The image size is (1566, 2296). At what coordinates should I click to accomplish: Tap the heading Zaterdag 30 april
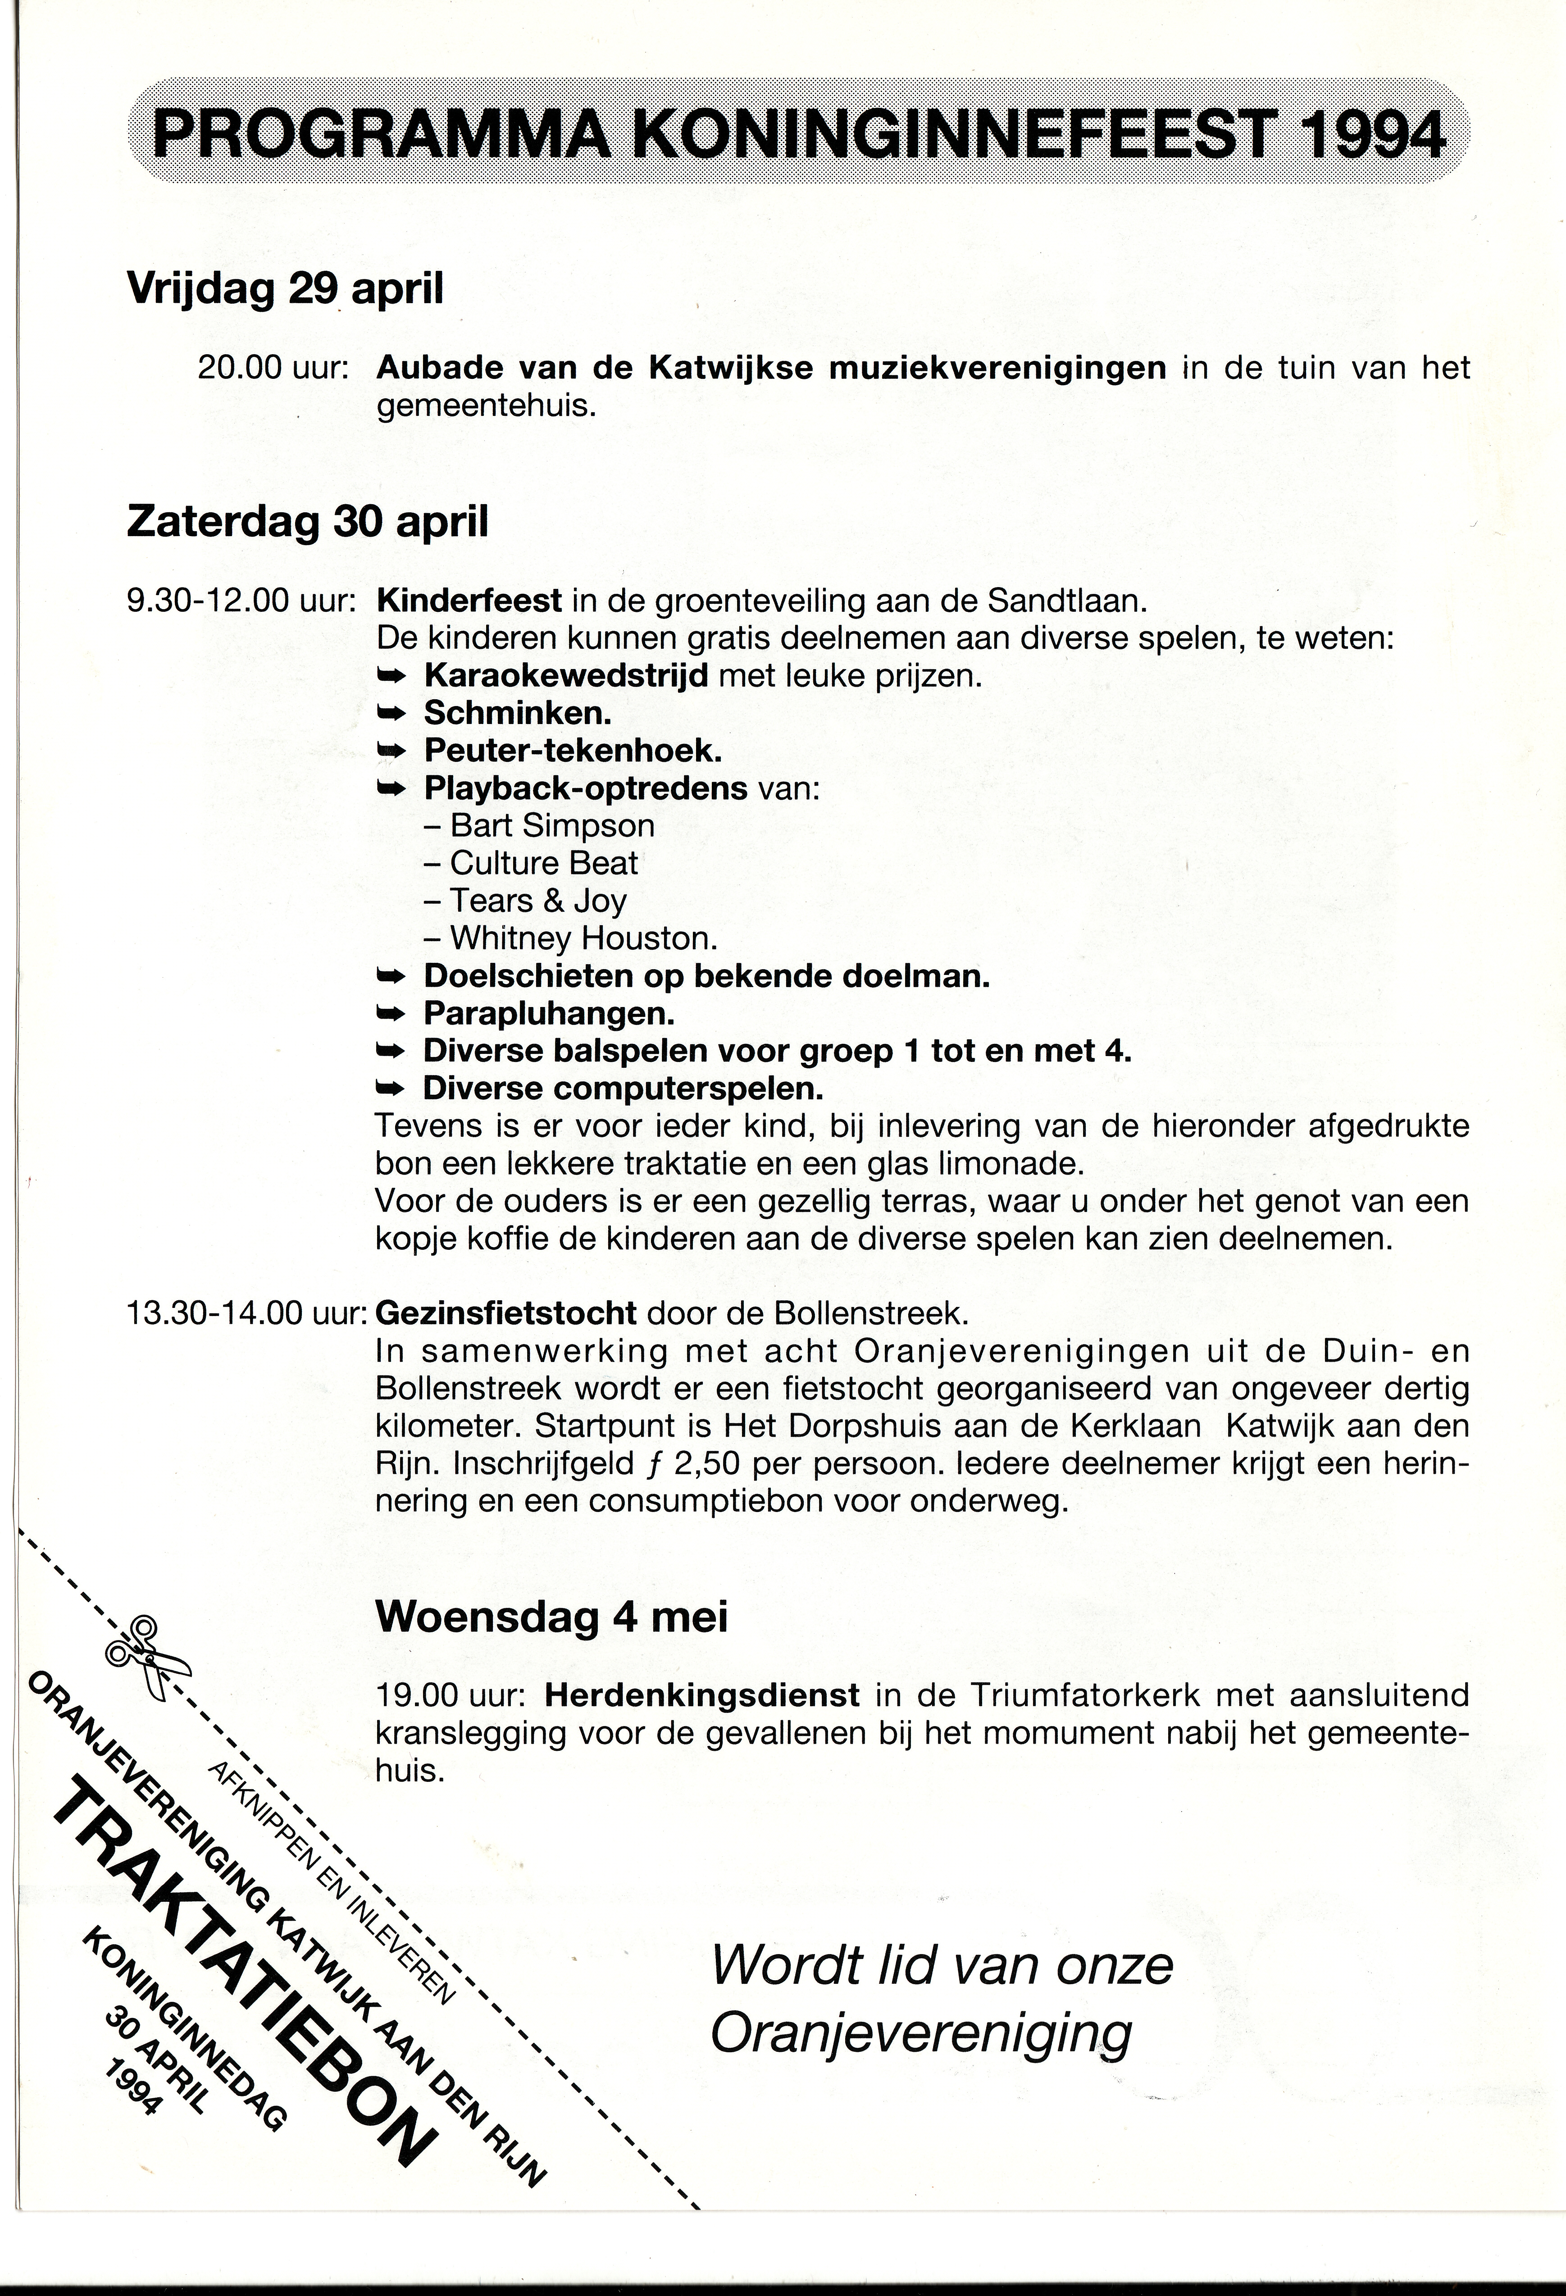click(x=307, y=521)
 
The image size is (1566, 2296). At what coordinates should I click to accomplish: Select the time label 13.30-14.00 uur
click(x=247, y=1313)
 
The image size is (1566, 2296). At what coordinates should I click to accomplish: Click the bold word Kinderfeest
click(x=469, y=600)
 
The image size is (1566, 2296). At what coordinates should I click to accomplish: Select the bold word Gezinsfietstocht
click(x=505, y=1313)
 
